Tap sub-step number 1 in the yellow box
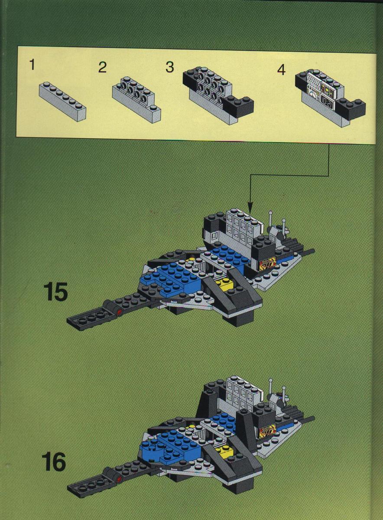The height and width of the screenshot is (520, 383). [32, 65]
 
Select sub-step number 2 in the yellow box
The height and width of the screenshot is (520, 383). [102, 67]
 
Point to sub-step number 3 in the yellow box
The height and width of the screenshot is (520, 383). [170, 67]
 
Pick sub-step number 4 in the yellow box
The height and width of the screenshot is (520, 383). [281, 70]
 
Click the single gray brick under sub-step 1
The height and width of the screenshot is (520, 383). [63, 101]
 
